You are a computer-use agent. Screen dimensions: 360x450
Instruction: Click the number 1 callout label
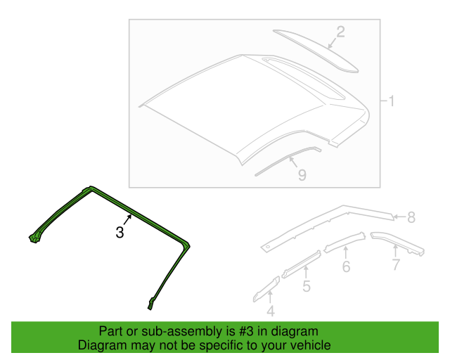[x=391, y=102]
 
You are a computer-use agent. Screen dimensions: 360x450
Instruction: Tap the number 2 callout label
[x=340, y=32]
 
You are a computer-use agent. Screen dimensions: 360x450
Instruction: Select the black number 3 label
[x=120, y=232]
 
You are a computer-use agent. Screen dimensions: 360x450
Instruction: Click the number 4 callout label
[x=271, y=311]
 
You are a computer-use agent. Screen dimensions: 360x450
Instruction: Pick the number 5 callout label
[x=306, y=285]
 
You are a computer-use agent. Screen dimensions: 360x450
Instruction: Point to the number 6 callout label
[x=346, y=266]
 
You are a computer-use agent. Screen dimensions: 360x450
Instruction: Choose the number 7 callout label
[x=396, y=264]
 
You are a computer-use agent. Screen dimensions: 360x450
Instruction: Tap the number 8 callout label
[x=411, y=217]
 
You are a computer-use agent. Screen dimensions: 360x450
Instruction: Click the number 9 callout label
[x=301, y=176]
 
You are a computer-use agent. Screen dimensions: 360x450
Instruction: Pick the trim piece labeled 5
[x=301, y=264]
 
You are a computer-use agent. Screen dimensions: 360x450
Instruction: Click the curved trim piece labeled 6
[x=345, y=242]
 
